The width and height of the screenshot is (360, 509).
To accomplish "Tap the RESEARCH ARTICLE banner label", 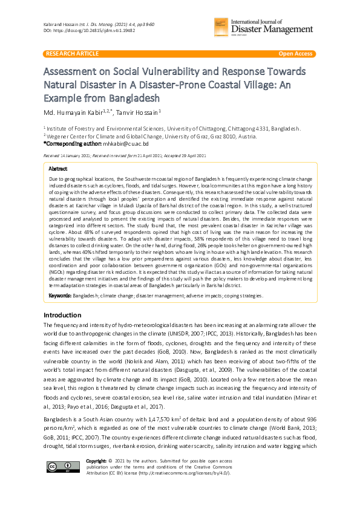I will coord(72,54).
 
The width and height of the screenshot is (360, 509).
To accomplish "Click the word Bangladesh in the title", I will coord(132,98).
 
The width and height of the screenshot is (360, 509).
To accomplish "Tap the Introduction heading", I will coord(63,315).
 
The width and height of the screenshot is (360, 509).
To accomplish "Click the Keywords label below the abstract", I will coord(60,296).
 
